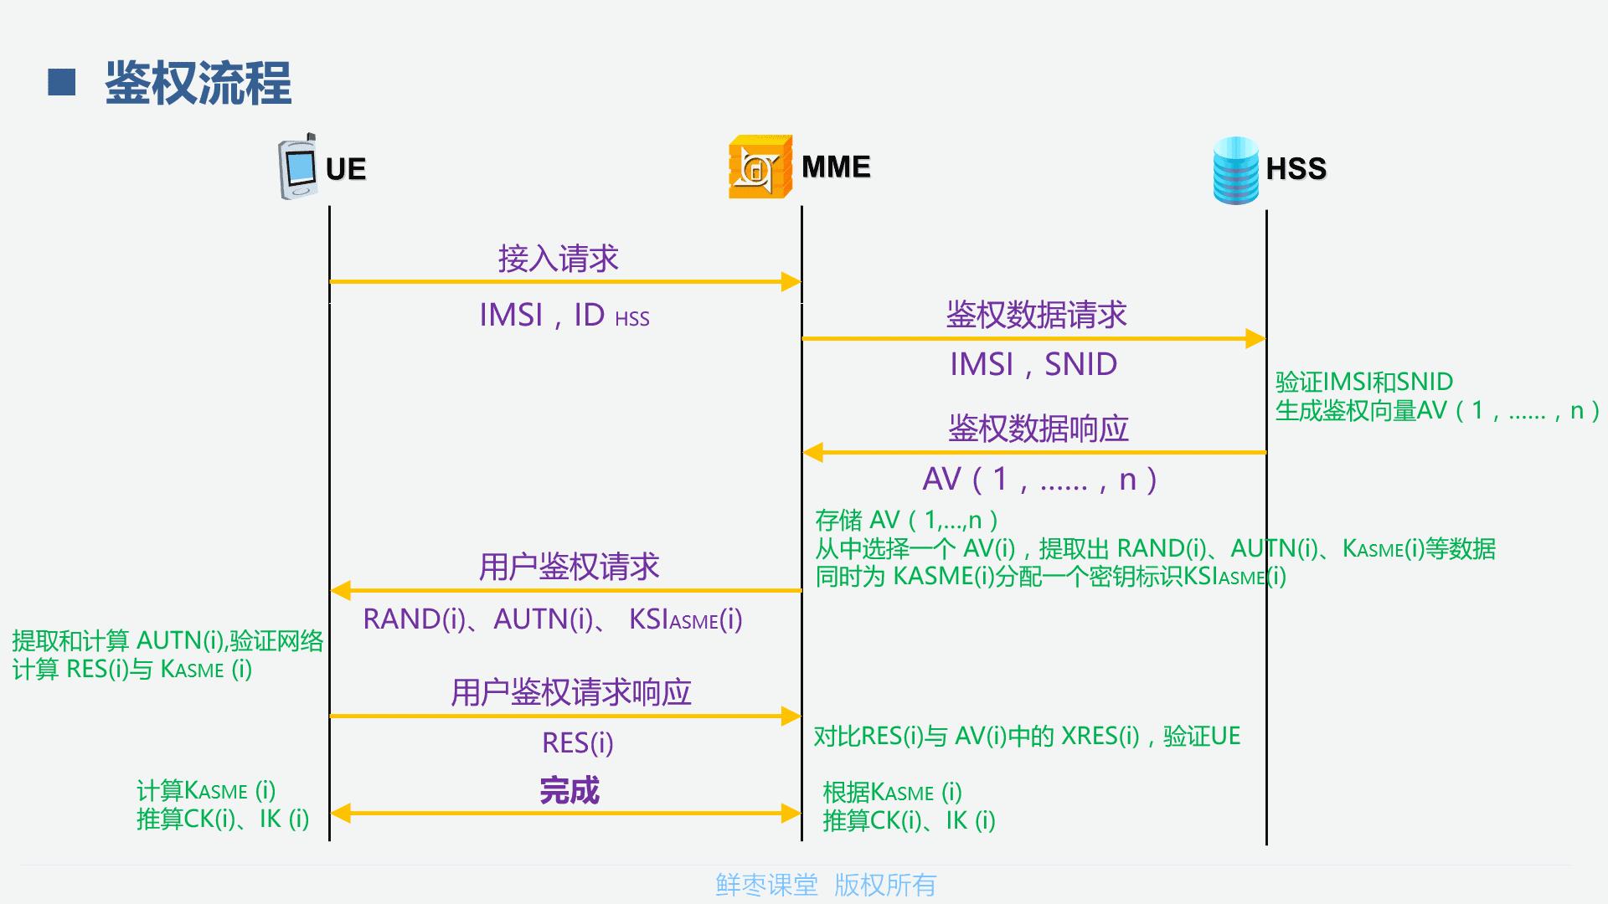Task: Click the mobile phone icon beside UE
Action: point(297,167)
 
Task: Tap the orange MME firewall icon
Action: point(759,167)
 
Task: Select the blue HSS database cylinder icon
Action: point(1235,170)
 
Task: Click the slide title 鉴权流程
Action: point(198,84)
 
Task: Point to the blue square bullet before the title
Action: point(62,82)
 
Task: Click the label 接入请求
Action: point(558,259)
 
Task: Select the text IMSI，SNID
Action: point(1033,364)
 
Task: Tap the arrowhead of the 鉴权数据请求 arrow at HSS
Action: point(1255,338)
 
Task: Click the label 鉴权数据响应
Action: point(1038,429)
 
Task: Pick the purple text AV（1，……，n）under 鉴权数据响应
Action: point(1039,480)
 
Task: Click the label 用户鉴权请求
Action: point(569,567)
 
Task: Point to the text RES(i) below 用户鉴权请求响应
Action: point(578,742)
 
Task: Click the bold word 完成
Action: point(569,790)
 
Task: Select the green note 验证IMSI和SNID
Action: point(1363,382)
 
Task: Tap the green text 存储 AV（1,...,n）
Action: point(906,520)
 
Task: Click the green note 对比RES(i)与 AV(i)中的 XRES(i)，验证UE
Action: point(1027,736)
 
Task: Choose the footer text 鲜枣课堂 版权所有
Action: point(825,885)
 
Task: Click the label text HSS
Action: point(1296,169)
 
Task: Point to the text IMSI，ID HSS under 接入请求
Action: point(564,316)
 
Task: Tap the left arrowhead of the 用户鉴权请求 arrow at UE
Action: point(340,590)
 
